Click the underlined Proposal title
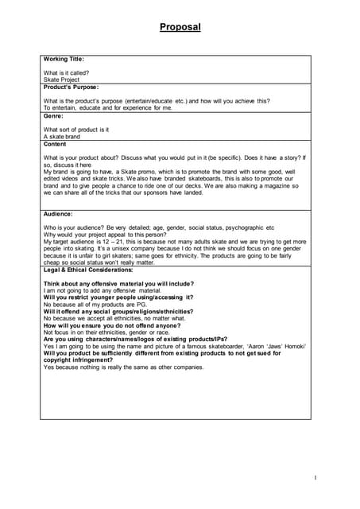180,27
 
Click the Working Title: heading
64,59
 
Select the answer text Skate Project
62,80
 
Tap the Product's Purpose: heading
71,87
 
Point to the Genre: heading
53,116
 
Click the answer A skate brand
62,137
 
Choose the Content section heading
55,144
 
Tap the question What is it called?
66,72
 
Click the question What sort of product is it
76,130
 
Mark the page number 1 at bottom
315,477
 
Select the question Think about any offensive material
118,284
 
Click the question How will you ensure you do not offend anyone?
114,325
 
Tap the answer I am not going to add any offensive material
101,291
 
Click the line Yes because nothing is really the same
123,367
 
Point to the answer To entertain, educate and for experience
107,108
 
